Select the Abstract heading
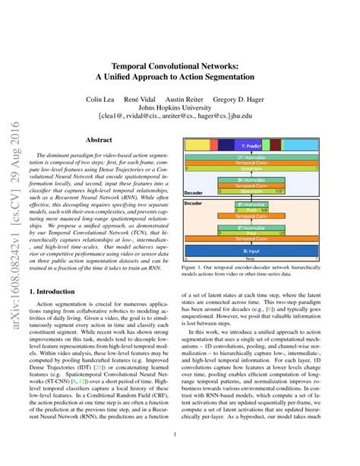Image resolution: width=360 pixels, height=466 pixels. tap(99, 141)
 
